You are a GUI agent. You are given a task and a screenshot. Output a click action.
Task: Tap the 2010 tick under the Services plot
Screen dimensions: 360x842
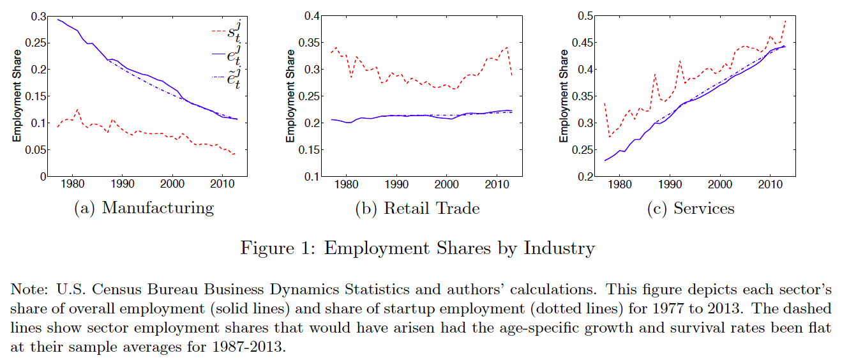coord(771,186)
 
